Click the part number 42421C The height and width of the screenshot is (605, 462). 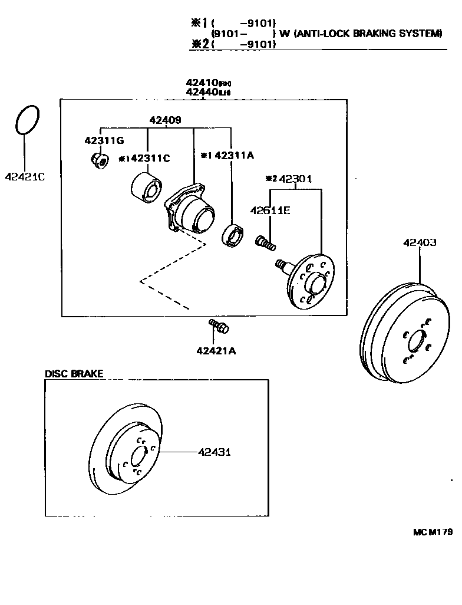25,176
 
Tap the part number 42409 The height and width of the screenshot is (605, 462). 166,120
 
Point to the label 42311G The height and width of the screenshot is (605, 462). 104,140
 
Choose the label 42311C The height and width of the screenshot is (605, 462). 148,158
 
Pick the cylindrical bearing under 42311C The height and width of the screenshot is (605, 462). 144,186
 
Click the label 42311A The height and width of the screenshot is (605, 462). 234,155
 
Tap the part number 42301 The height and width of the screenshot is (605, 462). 295,179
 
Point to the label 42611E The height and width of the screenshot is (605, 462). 269,210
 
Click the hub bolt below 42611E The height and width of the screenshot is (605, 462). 265,242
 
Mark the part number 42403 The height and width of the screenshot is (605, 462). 420,242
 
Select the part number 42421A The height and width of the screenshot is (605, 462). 216,351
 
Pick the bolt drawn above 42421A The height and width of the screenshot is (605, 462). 219,326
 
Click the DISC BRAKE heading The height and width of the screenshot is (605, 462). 74,373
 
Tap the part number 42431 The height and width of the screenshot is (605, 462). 214,452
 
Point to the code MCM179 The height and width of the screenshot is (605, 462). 432,532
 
